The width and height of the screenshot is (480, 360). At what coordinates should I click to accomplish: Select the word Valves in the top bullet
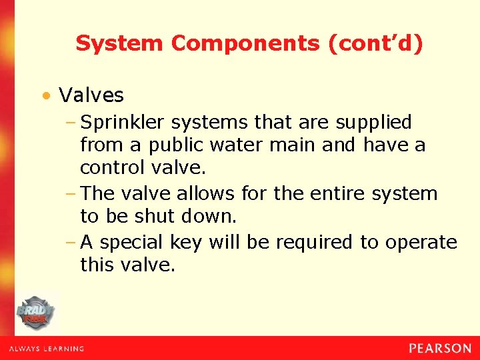coord(91,95)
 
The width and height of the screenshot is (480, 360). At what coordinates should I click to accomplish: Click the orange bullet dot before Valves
coord(45,96)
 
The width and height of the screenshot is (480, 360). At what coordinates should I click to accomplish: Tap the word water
coord(233,145)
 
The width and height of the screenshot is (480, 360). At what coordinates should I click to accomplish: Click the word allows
coord(205,194)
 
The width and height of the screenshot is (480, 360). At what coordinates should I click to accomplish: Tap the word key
coord(185,243)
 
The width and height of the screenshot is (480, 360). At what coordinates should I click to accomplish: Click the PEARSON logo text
coord(439,348)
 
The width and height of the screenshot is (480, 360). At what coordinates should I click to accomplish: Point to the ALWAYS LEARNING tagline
coord(46,349)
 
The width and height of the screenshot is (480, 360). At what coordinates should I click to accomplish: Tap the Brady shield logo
coord(37,311)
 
